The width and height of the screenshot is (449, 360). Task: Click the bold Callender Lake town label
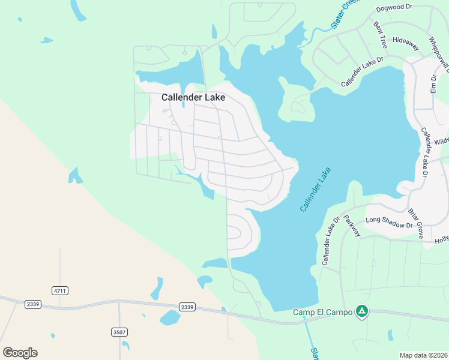point(193,97)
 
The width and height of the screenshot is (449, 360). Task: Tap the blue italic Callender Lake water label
point(316,190)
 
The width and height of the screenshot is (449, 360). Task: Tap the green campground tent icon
point(361,311)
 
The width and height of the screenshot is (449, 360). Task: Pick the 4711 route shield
point(60,290)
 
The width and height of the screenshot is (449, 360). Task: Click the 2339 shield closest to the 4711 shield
point(33,304)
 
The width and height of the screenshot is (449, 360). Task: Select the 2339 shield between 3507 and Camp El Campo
point(187,307)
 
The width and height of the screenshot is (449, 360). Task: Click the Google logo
point(20,352)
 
